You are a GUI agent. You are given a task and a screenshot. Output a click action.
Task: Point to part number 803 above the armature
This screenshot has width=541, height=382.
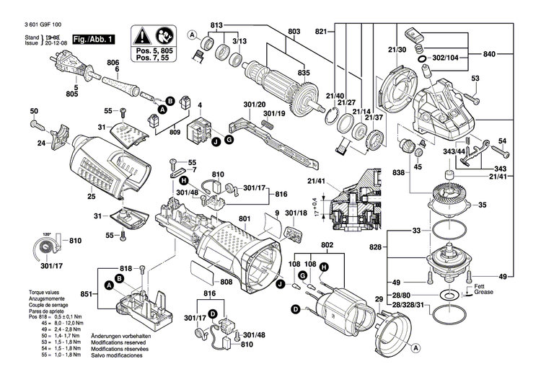294,31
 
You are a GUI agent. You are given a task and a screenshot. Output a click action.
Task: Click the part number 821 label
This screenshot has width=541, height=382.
321,31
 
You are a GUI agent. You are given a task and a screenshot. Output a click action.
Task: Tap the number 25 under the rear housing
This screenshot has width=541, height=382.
91,197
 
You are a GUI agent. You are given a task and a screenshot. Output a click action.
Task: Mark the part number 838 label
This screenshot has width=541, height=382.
398,174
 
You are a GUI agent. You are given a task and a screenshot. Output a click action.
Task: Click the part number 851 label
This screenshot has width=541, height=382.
86,293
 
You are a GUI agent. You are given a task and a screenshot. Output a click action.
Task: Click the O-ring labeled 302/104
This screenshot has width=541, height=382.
419,55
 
